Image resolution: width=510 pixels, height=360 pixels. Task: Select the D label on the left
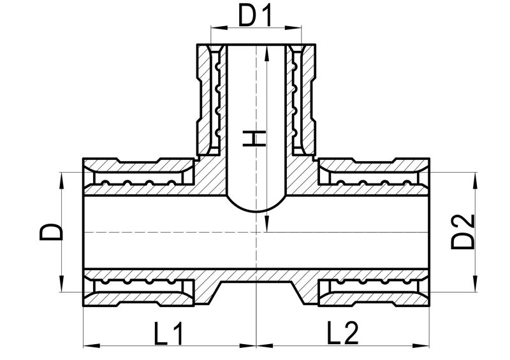pos(51,232)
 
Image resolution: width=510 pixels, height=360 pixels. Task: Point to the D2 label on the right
pos(463,232)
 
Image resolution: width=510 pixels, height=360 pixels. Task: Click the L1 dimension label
pos(168,333)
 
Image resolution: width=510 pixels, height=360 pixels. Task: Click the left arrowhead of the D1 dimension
pos(219,28)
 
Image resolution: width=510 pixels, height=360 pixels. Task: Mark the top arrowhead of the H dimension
pos(266,53)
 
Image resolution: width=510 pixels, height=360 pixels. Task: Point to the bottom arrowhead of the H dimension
pos(266,224)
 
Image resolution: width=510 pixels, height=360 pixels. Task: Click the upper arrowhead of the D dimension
pos(61,180)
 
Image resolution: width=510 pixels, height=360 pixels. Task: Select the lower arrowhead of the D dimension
pos(61,284)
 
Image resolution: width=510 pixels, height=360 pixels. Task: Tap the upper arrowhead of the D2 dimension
pos(476,180)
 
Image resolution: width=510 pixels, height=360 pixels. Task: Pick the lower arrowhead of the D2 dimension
pos(476,284)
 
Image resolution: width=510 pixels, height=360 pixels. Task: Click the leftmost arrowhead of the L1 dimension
pos(91,346)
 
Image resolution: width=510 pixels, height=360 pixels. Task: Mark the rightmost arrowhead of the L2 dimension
pos(421,346)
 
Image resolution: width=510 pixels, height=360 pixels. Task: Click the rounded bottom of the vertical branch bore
pos(257,208)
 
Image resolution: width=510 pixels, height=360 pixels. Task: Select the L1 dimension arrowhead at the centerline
pos(248,346)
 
